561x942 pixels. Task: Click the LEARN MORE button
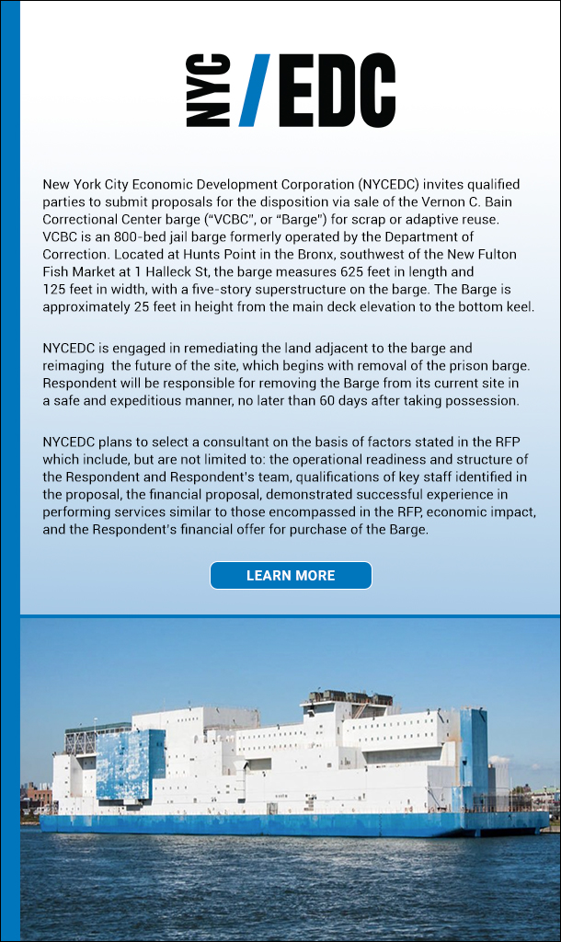tap(291, 576)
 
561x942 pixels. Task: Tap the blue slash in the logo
tap(255, 90)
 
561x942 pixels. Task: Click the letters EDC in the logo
tap(337, 90)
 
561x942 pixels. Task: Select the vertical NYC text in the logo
tap(208, 90)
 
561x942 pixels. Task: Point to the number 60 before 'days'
tap(372, 400)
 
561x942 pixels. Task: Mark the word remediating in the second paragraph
tap(196, 349)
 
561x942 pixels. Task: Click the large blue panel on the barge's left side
tap(132, 765)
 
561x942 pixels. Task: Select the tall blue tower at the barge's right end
tap(474, 750)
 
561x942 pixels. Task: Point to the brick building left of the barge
tap(37, 796)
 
